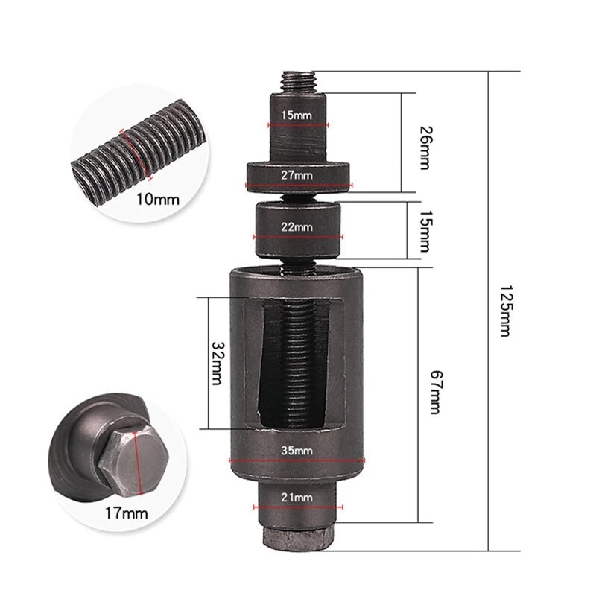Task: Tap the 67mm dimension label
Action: (437, 392)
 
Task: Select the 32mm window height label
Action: (218, 364)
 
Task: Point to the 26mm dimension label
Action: (425, 148)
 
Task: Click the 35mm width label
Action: (297, 451)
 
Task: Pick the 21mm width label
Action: (297, 497)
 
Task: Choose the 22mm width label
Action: (297, 227)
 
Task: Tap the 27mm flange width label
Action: (297, 175)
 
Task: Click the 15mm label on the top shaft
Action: (297, 115)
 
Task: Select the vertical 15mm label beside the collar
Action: (425, 231)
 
